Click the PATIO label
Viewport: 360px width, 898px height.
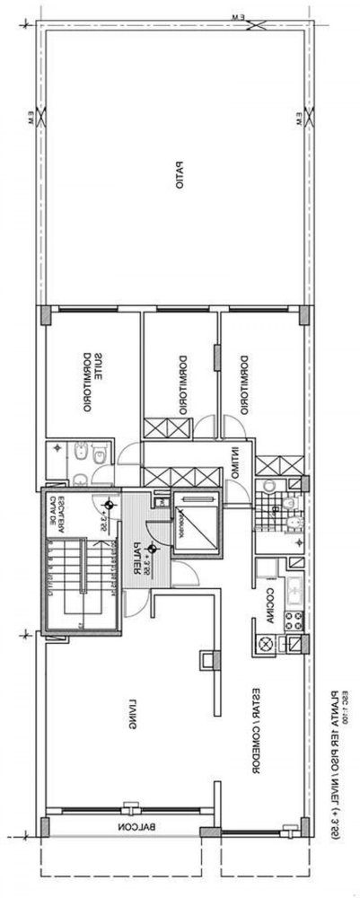coord(180,176)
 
